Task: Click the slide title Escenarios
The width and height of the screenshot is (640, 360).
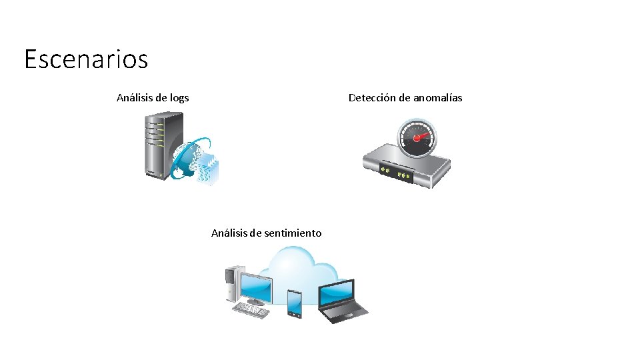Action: click(86, 59)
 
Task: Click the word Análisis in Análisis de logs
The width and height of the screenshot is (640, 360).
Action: click(136, 98)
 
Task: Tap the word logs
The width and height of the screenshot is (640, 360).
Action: click(179, 98)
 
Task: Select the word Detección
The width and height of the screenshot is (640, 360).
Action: click(372, 98)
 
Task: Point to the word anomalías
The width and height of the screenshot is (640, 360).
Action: click(437, 98)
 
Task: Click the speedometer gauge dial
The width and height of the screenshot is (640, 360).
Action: click(417, 139)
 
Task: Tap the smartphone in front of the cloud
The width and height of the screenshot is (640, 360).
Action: click(295, 303)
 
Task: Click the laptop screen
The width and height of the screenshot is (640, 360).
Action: click(337, 293)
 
